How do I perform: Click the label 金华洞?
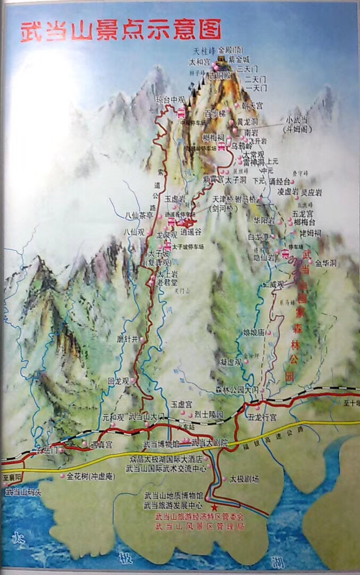pos(325,263)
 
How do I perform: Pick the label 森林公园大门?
pos(236,391)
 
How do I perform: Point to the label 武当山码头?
pos(23,493)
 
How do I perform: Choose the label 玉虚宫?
pos(181,404)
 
